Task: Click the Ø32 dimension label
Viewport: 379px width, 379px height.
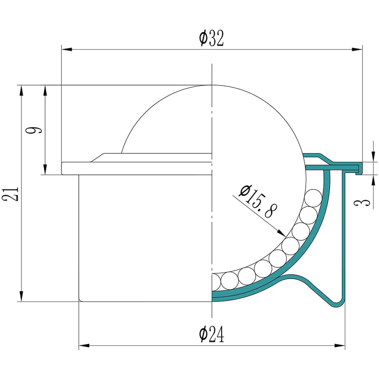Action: pos(212,38)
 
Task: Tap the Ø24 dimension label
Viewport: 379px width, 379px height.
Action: pos(212,334)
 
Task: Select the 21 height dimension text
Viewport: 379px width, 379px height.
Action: pos(10,194)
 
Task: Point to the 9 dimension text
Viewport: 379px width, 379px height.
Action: pos(34,130)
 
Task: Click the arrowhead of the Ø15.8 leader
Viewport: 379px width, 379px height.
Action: pos(281,232)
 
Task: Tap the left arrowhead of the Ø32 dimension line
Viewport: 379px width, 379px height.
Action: pos(67,49)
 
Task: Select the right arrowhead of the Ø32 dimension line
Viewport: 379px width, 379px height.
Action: pos(357,49)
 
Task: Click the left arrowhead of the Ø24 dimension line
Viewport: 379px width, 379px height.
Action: pos(84,346)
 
